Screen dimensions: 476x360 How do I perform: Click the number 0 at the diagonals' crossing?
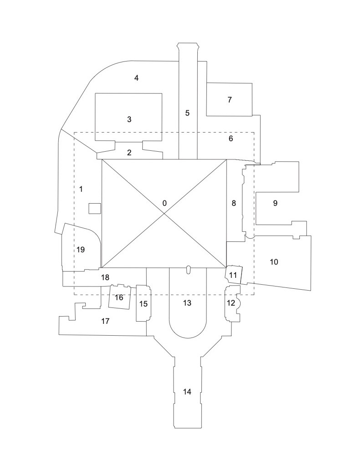[165, 203]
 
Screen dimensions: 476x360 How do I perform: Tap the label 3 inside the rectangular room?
[129, 119]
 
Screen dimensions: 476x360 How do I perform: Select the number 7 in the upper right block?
[230, 100]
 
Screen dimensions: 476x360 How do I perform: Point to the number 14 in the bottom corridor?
[187, 391]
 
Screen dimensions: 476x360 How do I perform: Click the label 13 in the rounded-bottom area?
[187, 302]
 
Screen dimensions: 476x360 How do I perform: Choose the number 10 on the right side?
[274, 262]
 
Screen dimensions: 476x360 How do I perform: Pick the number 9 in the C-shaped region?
[275, 203]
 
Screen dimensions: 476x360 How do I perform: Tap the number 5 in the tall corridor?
[187, 113]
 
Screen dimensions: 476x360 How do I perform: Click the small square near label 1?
[94, 208]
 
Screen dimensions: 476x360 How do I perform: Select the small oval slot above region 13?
[187, 270]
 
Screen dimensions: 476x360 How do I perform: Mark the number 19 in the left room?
[81, 250]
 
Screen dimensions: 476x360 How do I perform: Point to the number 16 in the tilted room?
[119, 298]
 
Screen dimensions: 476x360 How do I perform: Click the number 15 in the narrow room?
[143, 304]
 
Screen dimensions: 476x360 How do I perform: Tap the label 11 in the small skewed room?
[233, 275]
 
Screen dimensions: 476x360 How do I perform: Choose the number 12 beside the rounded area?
[231, 303]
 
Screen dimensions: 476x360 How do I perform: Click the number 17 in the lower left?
[105, 322]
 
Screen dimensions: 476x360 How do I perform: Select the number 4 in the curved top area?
[136, 78]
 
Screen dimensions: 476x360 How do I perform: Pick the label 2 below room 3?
[129, 153]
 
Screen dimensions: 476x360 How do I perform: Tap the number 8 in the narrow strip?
[234, 203]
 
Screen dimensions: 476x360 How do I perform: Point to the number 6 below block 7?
[231, 138]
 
